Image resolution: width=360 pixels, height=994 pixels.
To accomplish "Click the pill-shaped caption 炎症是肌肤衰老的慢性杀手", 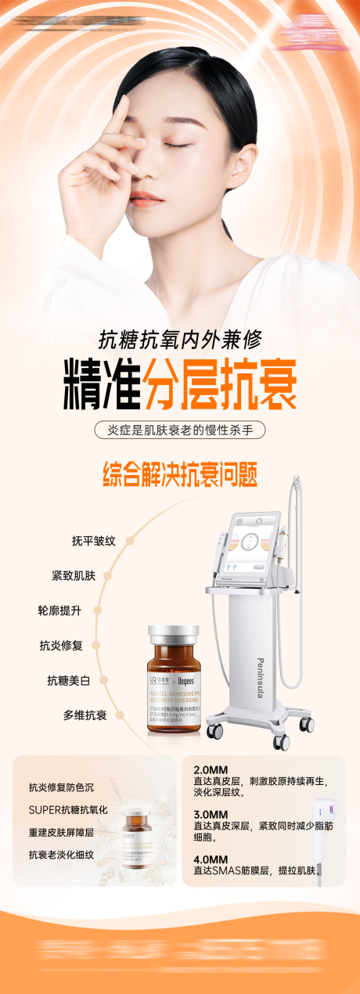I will [180, 430].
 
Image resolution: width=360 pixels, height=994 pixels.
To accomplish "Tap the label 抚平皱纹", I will [93, 540].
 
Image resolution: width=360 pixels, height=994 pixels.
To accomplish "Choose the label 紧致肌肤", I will [73, 575].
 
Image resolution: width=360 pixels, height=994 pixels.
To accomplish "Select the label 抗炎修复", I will [60, 646].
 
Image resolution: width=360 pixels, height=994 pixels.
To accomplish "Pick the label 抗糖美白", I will [68, 680].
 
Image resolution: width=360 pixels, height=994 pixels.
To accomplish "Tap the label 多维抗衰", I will [85, 715].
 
